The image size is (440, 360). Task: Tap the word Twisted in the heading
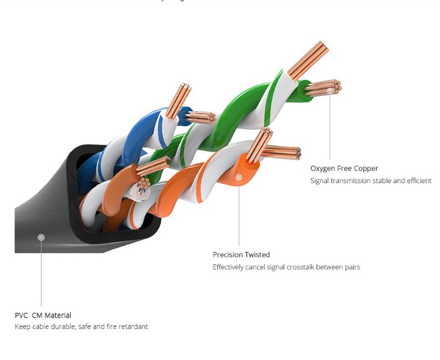(x=258, y=254)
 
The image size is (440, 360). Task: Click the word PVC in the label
(x=22, y=315)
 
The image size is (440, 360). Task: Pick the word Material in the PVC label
(x=58, y=315)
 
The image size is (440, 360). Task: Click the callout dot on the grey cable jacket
(x=41, y=237)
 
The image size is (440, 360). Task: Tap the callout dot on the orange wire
(x=238, y=178)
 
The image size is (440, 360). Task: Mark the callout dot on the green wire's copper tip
(x=330, y=90)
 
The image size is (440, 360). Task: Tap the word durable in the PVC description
(x=65, y=326)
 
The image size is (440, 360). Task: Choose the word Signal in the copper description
(x=320, y=181)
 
